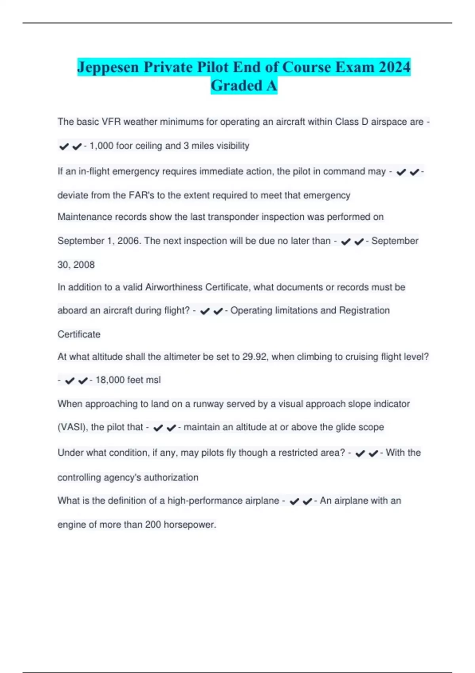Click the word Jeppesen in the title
(x=108, y=67)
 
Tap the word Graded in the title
(x=237, y=85)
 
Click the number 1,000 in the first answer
(x=101, y=146)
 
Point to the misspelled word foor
(x=124, y=146)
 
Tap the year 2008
(x=84, y=264)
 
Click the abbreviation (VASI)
(x=72, y=427)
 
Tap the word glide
(x=345, y=427)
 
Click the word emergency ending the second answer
(x=327, y=195)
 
